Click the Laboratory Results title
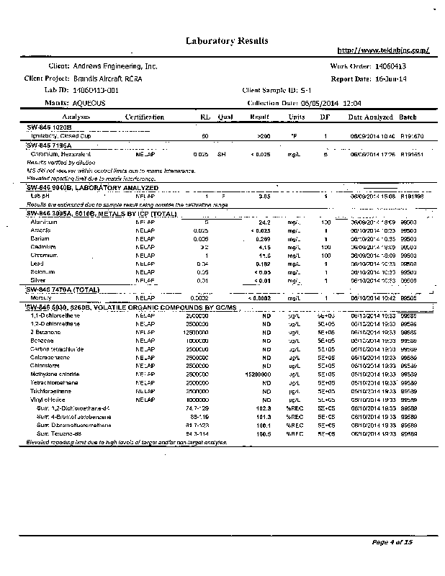tap(228, 40)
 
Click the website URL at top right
tap(384, 50)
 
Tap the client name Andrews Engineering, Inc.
tap(115, 66)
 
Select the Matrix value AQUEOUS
tap(89, 104)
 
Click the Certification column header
tap(147, 117)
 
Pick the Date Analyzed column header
tap(370, 117)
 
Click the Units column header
tap(296, 117)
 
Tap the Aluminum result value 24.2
tap(264, 223)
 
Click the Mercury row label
tap(40, 297)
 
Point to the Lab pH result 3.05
tap(264, 196)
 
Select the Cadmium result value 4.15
tap(264, 247)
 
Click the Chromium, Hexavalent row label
tap(57, 154)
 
